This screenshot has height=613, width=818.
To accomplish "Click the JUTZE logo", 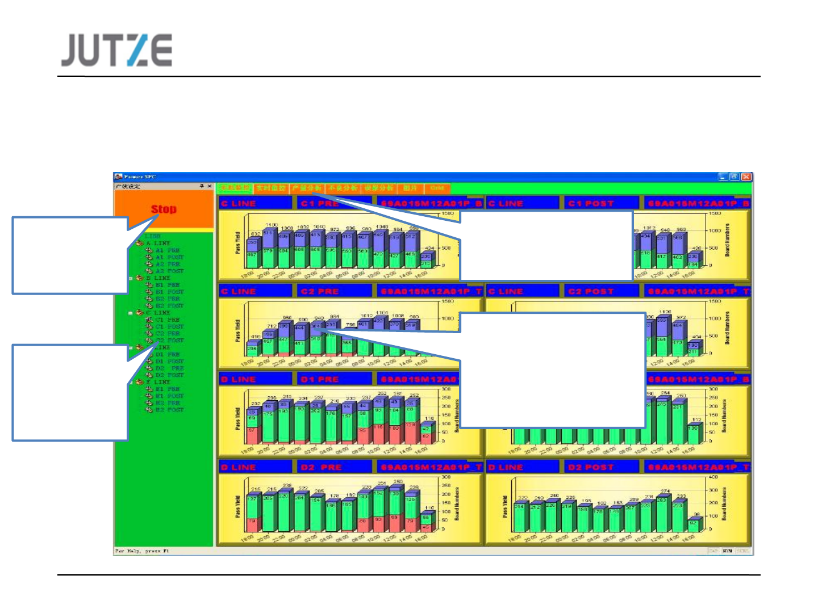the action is click(x=117, y=50).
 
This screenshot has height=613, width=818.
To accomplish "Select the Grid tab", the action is click(x=436, y=188).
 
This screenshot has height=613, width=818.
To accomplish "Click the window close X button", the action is click(x=746, y=177).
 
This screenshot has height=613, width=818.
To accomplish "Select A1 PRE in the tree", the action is click(x=168, y=250).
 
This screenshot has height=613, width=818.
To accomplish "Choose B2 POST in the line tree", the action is click(x=170, y=306).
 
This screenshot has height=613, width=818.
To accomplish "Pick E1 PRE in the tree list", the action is click(x=168, y=389).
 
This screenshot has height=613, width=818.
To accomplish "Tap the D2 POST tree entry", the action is click(x=170, y=375).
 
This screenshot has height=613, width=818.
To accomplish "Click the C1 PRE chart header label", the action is click(x=320, y=203).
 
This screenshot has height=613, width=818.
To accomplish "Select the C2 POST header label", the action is click(x=591, y=292).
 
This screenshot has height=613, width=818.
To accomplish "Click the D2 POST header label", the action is click(x=591, y=468).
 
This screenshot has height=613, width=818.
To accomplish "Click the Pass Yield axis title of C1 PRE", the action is click(x=238, y=242).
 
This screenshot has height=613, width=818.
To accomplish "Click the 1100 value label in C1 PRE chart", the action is click(x=271, y=225).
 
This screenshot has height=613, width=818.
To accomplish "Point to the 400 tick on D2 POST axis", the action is click(x=713, y=477).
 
